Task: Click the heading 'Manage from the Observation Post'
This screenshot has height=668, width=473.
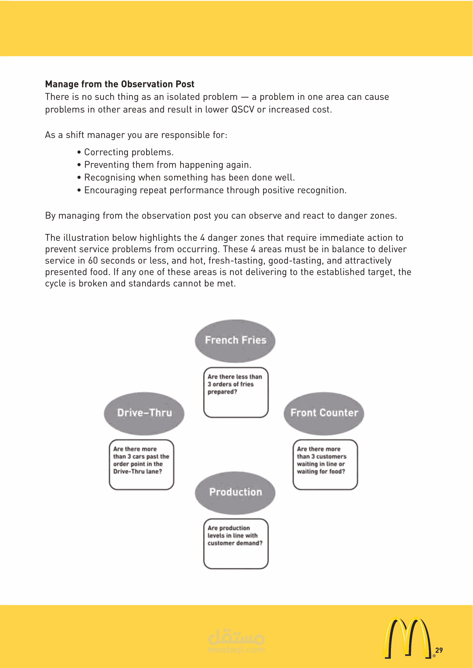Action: [120, 84]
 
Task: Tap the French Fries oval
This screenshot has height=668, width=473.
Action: [235, 340]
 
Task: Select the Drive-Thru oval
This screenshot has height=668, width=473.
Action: [144, 413]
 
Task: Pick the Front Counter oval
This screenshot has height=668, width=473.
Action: [324, 413]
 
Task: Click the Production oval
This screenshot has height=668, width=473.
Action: [235, 492]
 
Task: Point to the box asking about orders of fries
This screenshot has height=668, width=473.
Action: [236, 392]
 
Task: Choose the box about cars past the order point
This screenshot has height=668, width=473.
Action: [142, 464]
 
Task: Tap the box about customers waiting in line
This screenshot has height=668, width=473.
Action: [325, 464]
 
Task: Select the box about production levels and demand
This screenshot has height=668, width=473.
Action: [236, 543]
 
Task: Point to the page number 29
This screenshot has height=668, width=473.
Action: [439, 650]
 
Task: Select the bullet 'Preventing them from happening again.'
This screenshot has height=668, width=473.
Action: [168, 165]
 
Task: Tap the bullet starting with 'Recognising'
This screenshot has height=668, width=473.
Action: [189, 177]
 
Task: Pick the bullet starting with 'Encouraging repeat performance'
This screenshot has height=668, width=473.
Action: [215, 190]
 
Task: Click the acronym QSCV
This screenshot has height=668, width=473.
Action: [243, 110]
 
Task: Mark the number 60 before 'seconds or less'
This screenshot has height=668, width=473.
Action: [93, 261]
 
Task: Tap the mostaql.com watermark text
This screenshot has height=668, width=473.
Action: [236, 650]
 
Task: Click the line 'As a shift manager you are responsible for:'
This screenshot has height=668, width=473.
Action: [136, 135]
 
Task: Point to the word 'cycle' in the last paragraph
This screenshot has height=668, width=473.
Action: [55, 284]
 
